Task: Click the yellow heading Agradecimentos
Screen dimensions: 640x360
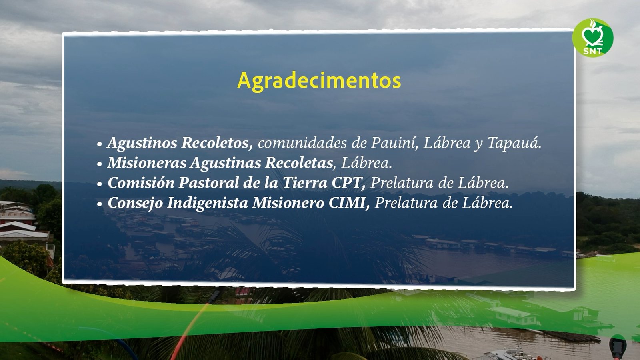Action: (x=319, y=82)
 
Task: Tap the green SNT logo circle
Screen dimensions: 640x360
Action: (x=593, y=38)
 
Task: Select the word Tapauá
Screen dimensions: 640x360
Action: (x=514, y=143)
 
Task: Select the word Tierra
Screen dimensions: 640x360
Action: (x=305, y=183)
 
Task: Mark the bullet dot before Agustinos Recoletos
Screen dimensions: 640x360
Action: (x=100, y=144)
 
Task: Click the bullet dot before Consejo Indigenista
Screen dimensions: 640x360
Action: (x=100, y=204)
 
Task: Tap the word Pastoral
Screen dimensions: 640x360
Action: (x=208, y=183)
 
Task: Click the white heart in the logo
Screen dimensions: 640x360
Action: (x=593, y=35)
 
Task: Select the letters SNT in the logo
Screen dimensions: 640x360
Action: (x=593, y=51)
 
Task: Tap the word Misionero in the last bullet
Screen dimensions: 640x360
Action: (x=288, y=203)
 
